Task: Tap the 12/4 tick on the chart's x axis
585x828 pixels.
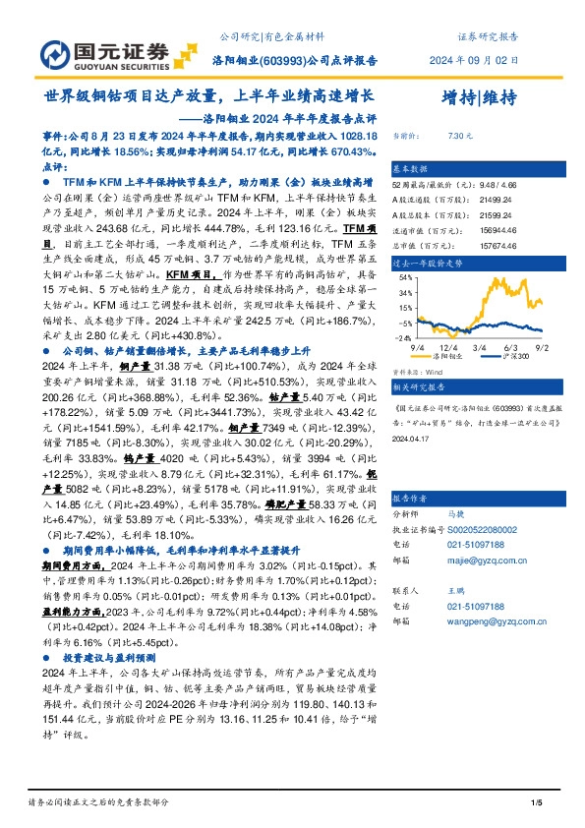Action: (x=448, y=348)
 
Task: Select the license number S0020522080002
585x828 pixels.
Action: (x=484, y=527)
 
